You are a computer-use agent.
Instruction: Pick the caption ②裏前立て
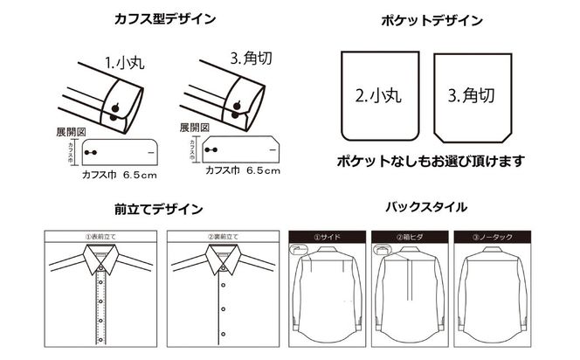coord(222,235)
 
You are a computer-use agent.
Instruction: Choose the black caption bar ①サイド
coord(326,236)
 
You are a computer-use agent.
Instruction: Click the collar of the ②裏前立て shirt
coord(222,256)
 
